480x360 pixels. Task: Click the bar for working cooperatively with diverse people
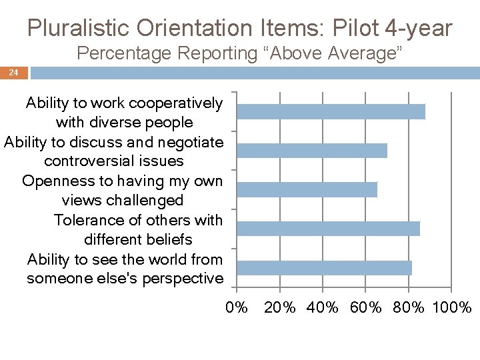click(331, 111)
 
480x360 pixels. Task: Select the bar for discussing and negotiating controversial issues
click(312, 151)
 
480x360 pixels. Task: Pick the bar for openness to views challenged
click(307, 189)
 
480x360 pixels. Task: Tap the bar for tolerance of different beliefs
click(328, 229)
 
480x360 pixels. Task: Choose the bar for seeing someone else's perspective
click(324, 268)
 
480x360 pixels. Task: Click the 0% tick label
click(237, 307)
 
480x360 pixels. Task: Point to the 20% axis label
click(280, 307)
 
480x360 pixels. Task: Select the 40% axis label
click(323, 307)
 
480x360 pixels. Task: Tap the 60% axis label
click(365, 307)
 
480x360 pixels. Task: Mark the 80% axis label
click(408, 307)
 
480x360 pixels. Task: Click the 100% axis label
click(452, 307)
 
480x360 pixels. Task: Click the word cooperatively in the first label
click(175, 103)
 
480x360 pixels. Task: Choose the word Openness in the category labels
click(52, 181)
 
